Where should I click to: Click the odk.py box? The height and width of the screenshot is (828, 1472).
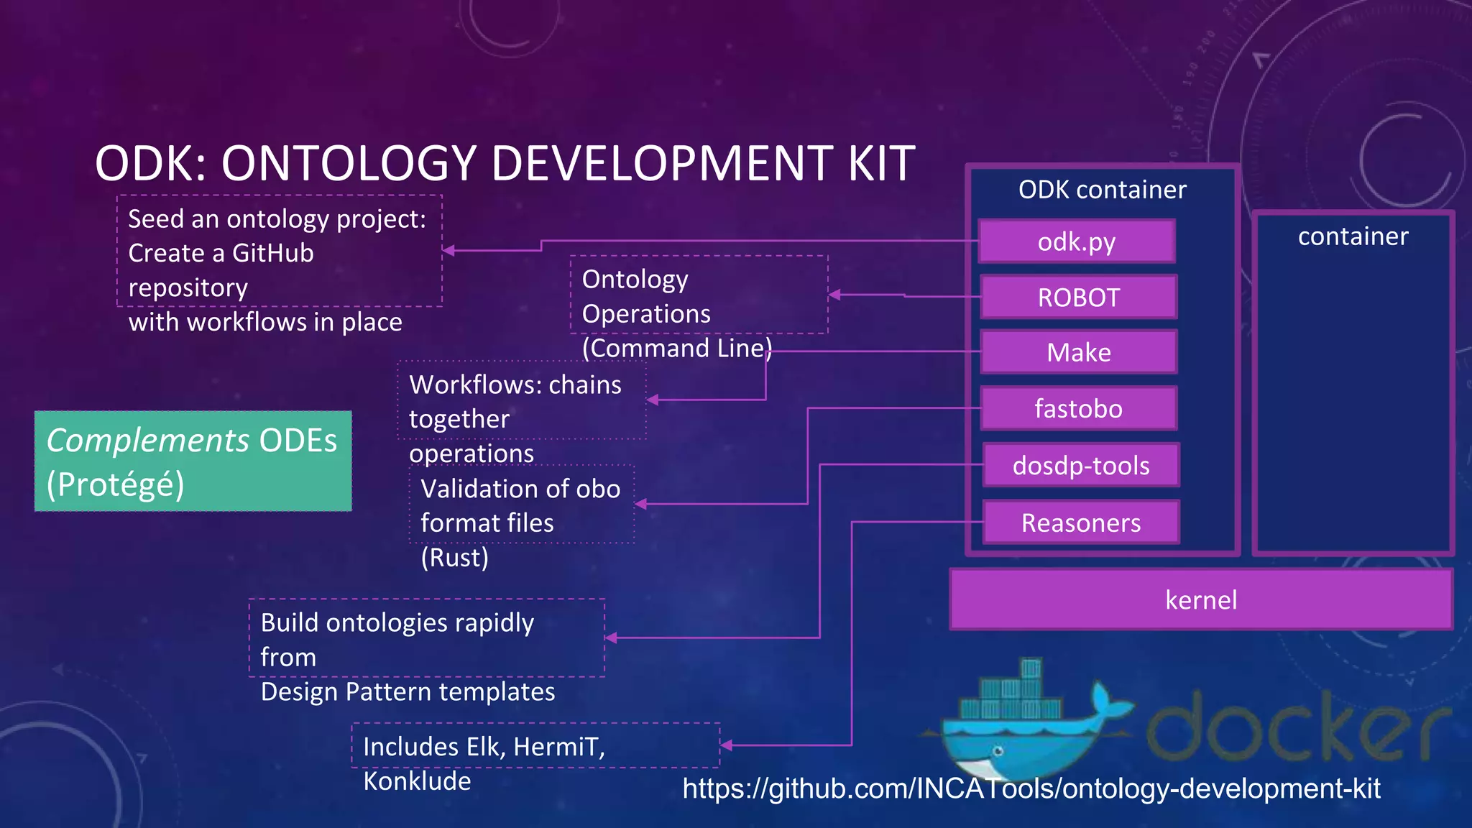[x=1077, y=241]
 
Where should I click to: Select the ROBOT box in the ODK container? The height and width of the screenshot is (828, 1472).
[x=1078, y=297]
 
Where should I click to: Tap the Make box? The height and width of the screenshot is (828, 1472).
[x=1078, y=352]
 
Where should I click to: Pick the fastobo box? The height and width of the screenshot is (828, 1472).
[x=1078, y=408]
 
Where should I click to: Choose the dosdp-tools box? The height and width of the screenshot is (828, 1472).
[x=1081, y=465]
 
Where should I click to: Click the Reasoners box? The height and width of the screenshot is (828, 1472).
[x=1081, y=523]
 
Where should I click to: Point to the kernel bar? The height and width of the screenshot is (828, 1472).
[x=1200, y=599]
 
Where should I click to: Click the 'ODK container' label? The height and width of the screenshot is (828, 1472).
[x=1102, y=190]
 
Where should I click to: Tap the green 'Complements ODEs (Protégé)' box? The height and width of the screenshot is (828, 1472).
[x=193, y=461]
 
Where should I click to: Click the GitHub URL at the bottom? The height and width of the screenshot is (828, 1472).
[x=1031, y=788]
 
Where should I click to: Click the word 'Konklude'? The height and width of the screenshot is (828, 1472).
[x=417, y=781]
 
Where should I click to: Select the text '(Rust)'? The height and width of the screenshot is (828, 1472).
[x=454, y=557]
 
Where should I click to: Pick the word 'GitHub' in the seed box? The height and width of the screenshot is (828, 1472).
[x=272, y=253]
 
